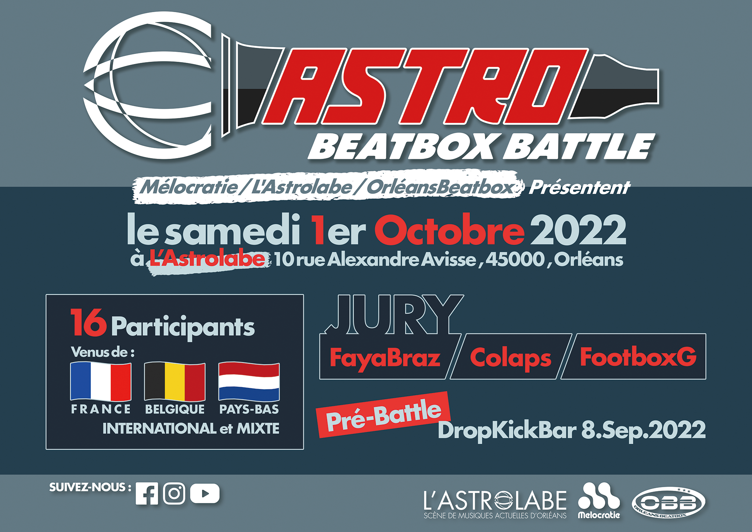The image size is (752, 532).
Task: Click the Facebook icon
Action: coord(147,493)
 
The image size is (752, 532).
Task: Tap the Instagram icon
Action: coord(174,493)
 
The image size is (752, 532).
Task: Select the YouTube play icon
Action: coord(205,493)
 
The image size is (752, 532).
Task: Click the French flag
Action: coord(101,382)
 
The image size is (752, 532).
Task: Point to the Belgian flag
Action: coord(175,382)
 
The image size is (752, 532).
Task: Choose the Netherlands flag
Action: coord(249,382)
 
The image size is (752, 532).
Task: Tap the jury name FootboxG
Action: coord(638,357)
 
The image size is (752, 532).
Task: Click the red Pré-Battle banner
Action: coord(384,415)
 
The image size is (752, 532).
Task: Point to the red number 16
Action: coord(89,322)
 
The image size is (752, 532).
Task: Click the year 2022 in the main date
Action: coord(579,230)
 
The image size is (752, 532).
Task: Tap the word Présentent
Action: coord(580,188)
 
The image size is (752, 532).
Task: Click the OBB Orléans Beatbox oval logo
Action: coord(669,503)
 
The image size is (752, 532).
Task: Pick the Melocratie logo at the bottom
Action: coord(599,500)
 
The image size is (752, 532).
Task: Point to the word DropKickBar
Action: coord(507,430)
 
